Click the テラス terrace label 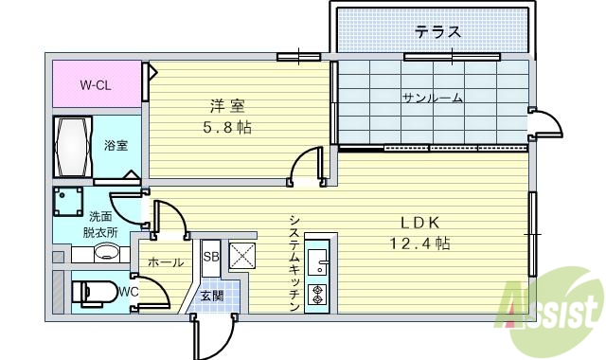coord(437,32)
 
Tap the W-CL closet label coord(95,85)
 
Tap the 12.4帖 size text coord(418,243)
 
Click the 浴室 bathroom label coord(116,145)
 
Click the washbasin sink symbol coord(107,253)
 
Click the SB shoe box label coord(210,257)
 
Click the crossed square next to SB coord(243,255)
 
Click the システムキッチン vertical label coord(294,261)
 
